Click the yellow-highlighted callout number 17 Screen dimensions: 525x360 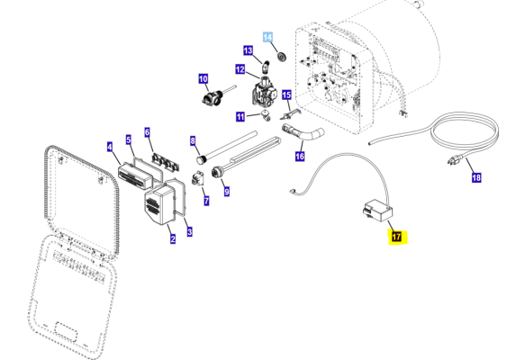point(396,237)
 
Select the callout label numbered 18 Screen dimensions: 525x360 point(476,177)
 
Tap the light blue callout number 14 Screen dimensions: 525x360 point(267,37)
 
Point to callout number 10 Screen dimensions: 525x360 point(204,79)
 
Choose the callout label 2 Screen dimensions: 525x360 point(173,238)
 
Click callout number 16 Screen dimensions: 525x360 point(300,156)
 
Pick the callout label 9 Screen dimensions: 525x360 point(227,192)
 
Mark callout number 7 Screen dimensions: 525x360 point(206,201)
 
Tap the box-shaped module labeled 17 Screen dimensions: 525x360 point(377,210)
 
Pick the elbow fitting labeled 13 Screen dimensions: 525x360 point(266,67)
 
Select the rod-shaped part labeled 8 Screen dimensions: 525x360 point(226,148)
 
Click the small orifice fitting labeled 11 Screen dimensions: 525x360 point(266,115)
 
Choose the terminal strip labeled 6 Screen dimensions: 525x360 point(165,162)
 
